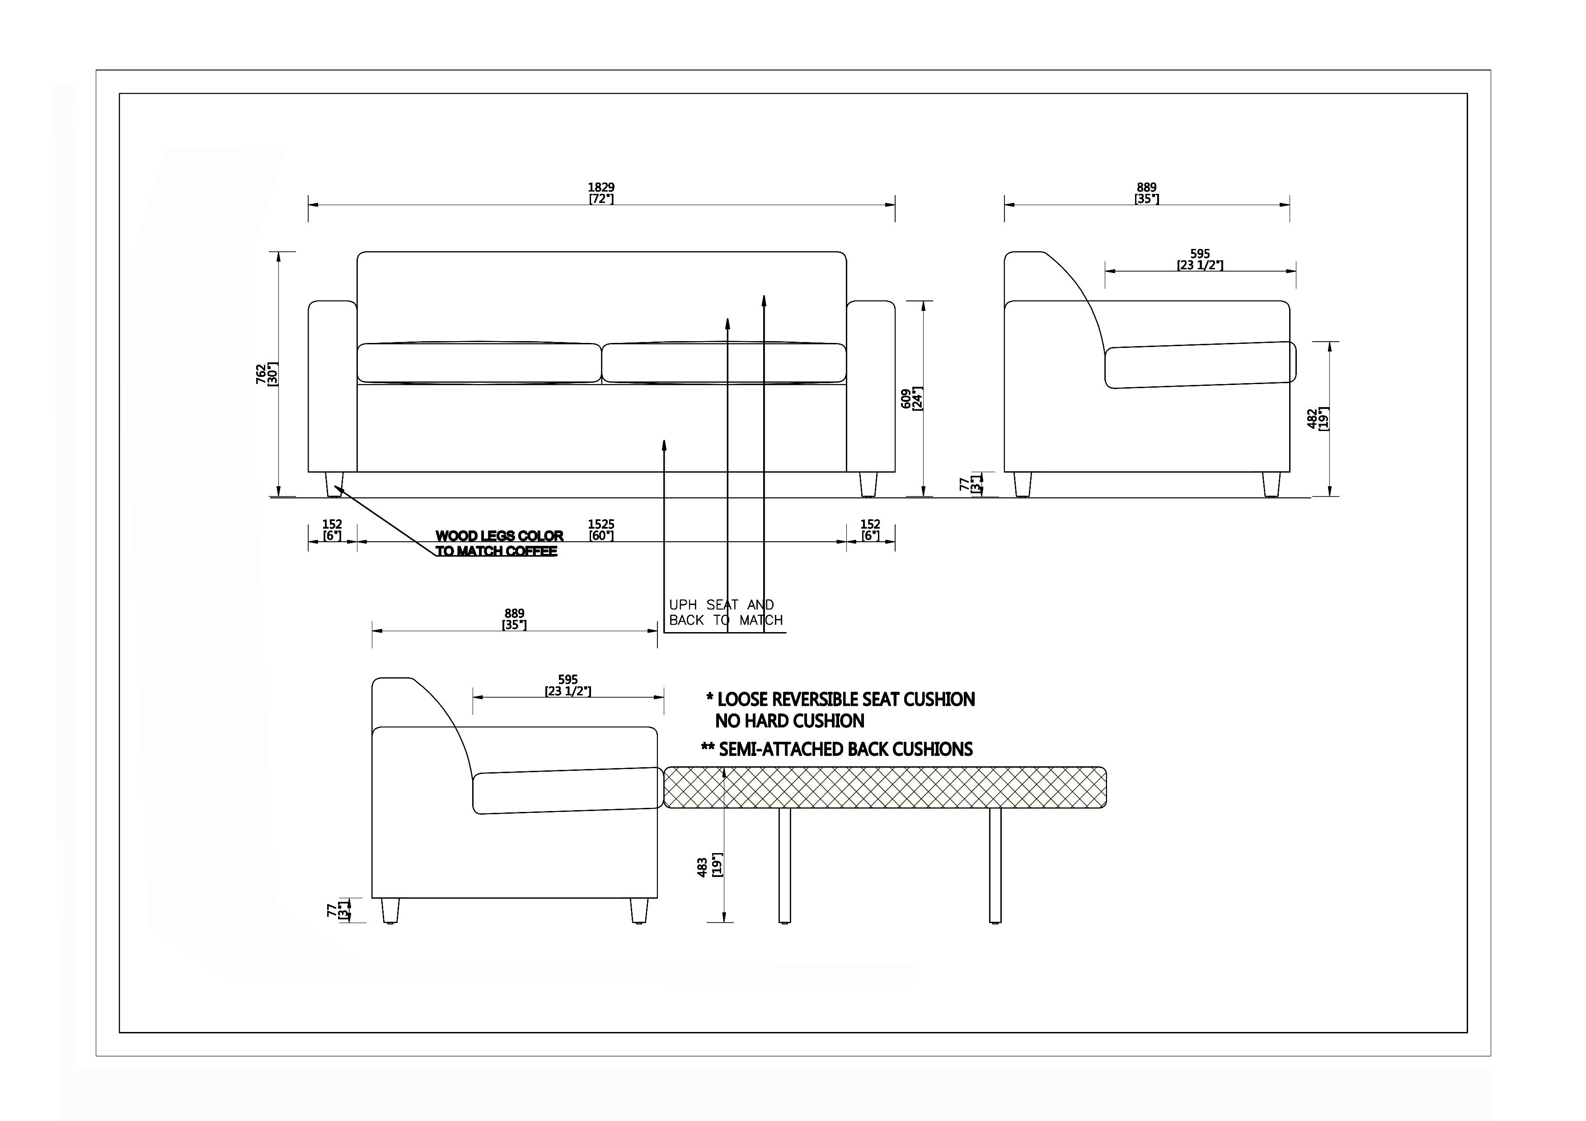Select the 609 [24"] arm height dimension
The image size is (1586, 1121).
tap(912, 398)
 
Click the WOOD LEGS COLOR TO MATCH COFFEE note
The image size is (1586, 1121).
tap(499, 544)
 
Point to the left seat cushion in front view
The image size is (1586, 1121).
tap(479, 363)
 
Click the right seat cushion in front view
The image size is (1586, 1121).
tap(724, 363)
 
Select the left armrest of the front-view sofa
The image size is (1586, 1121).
tap(332, 386)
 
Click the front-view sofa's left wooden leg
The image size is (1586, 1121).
tap(334, 484)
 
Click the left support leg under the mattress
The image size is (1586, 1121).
tap(784, 865)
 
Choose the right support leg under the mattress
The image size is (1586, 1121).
tap(995, 865)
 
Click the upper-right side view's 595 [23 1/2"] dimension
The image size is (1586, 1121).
tap(1200, 260)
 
